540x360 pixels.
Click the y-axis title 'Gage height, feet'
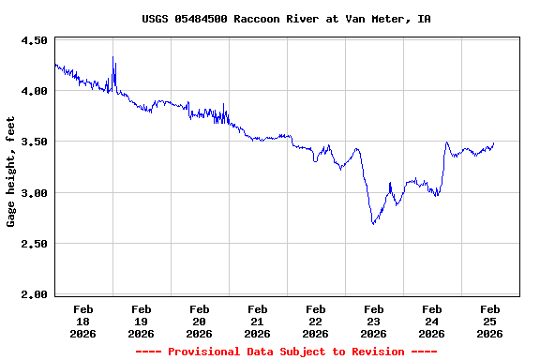pyautogui.click(x=11, y=172)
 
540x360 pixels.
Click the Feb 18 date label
pyautogui.click(x=83, y=321)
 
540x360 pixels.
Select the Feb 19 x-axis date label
pyautogui.click(x=142, y=321)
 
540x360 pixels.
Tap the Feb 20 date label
pyautogui.click(x=200, y=321)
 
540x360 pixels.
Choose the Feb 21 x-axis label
pyautogui.click(x=258, y=321)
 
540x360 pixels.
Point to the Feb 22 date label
pyautogui.click(x=316, y=321)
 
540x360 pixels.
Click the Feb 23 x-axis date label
pyautogui.click(x=374, y=321)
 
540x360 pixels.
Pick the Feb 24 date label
pyautogui.click(x=432, y=321)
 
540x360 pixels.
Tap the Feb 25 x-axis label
pyautogui.click(x=490, y=321)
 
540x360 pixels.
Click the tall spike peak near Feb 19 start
pyautogui.click(x=113, y=58)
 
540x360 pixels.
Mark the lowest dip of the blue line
pyautogui.click(x=373, y=224)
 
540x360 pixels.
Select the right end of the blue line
pyautogui.click(x=493, y=143)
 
